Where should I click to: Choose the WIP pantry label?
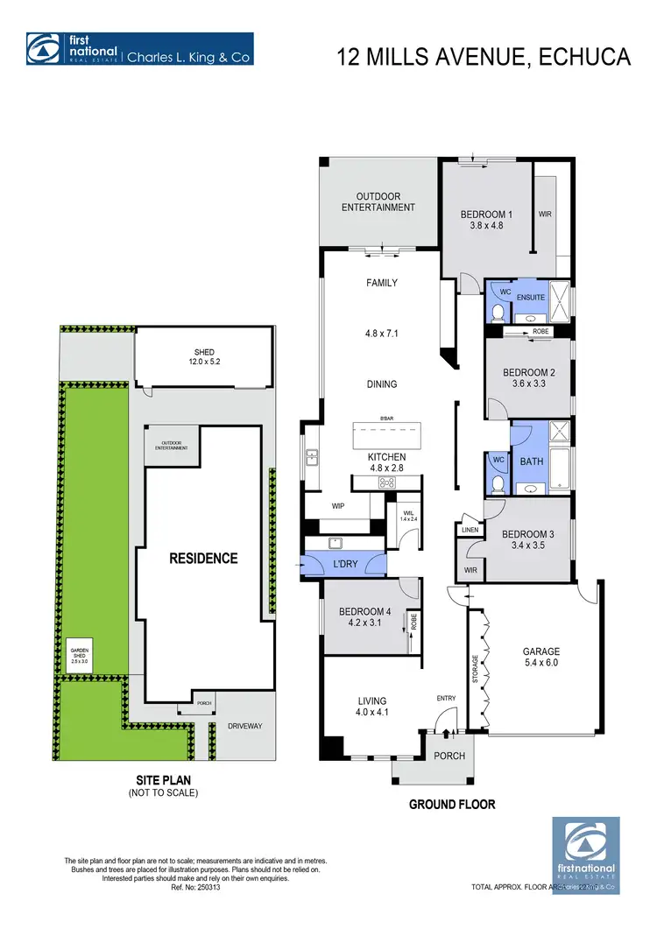click(337, 506)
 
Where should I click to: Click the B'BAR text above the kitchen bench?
click(386, 419)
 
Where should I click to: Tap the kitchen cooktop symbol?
click(386, 482)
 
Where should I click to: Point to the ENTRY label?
click(447, 698)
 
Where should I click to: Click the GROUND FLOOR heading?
click(452, 803)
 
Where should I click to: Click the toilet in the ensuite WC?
click(497, 313)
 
